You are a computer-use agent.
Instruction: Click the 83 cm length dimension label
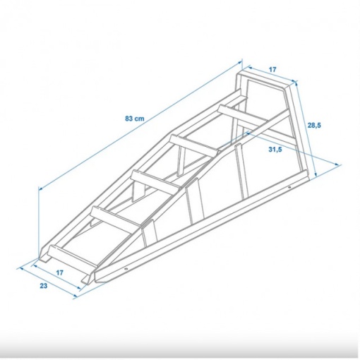click(x=135, y=119)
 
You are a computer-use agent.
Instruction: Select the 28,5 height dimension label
click(x=314, y=126)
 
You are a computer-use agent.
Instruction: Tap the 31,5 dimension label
click(x=275, y=150)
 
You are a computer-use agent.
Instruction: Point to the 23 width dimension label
click(x=44, y=286)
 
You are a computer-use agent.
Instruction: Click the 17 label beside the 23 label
click(x=60, y=272)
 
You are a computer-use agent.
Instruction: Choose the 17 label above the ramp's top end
click(x=272, y=70)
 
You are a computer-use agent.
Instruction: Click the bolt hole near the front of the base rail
click(x=126, y=269)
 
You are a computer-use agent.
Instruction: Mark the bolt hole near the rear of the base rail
click(x=289, y=187)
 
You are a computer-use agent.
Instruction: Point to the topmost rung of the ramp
click(x=244, y=116)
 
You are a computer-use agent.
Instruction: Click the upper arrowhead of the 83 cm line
click(x=240, y=62)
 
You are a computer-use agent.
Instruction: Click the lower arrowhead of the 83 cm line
click(x=41, y=188)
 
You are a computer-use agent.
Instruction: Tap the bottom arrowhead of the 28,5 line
click(x=316, y=174)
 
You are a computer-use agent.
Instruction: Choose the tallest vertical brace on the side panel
click(x=241, y=172)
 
